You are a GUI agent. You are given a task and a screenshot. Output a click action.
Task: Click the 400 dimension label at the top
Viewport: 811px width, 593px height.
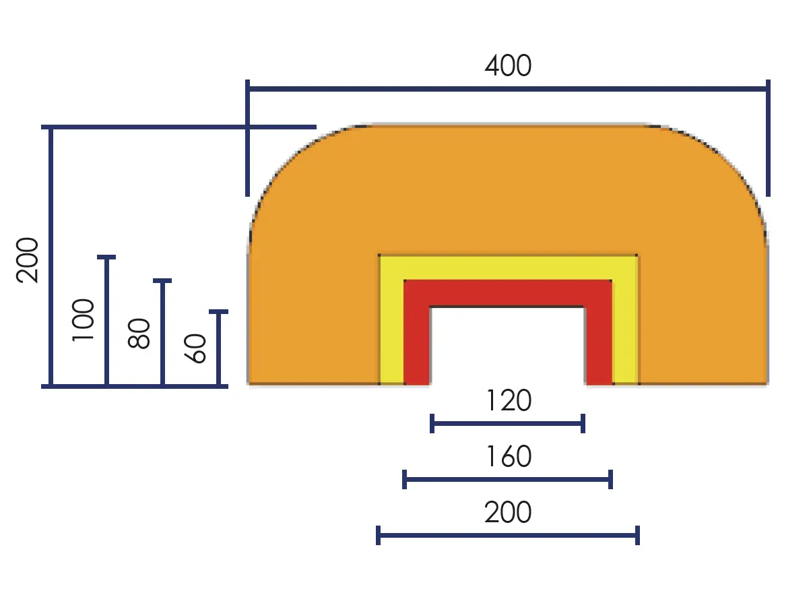[508, 66]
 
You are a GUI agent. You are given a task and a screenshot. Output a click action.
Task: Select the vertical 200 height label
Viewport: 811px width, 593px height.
[29, 260]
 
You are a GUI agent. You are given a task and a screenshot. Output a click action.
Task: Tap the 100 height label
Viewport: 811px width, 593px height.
[84, 320]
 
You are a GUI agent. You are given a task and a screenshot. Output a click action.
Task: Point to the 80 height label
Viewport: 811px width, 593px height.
[139, 333]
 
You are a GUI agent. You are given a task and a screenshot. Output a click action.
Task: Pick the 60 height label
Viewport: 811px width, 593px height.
[196, 348]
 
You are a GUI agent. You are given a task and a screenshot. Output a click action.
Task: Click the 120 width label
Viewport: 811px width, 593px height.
[508, 402]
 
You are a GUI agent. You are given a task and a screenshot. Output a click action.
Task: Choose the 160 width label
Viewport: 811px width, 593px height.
[508, 458]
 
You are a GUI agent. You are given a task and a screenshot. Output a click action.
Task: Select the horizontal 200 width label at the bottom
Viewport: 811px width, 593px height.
[508, 513]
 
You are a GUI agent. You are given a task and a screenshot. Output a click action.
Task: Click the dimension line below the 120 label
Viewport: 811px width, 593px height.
[507, 424]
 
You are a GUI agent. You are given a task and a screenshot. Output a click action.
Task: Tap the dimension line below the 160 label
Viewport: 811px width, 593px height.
[507, 480]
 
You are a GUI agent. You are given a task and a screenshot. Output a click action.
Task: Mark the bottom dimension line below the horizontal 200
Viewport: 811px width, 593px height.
[507, 536]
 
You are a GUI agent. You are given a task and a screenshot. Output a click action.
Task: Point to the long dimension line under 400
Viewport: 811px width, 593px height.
[508, 88]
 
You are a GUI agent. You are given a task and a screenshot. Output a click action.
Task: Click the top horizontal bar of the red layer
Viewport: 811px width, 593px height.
[508, 293]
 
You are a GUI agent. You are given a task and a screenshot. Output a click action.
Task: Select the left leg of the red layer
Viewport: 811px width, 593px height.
[417, 344]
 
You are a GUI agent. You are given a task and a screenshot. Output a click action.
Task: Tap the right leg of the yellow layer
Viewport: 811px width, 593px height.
[625, 330]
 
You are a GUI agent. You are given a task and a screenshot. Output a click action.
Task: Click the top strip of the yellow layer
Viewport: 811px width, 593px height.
[508, 268]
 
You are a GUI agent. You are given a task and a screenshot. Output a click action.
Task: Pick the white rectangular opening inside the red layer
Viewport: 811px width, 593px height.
[508, 345]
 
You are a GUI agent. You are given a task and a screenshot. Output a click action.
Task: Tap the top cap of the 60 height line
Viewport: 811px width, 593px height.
[218, 312]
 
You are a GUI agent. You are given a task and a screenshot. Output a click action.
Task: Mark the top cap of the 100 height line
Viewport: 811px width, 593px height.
[106, 257]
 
